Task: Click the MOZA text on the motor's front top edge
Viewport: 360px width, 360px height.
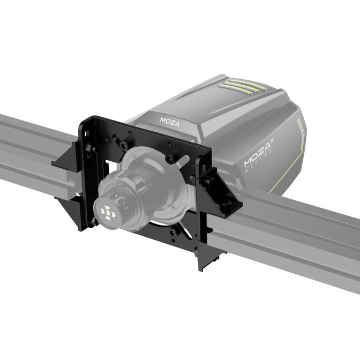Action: (x=170, y=121)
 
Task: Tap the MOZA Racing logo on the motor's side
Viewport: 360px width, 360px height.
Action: (x=259, y=155)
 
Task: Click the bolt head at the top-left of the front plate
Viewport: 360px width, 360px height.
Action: (x=124, y=145)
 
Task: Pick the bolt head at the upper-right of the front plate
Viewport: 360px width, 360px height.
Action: (x=169, y=159)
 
